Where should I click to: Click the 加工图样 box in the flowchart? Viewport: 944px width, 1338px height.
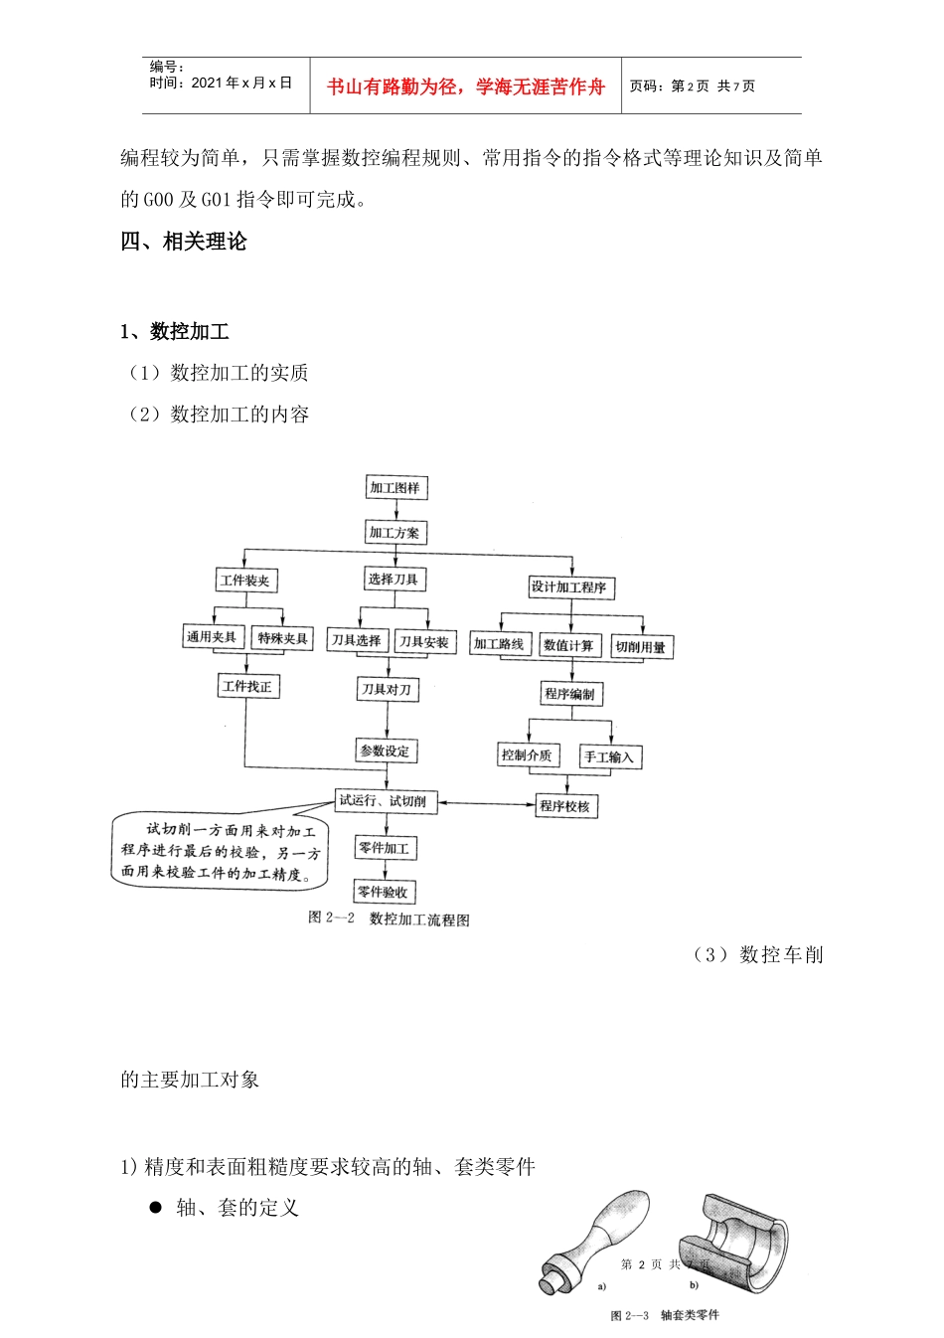click(395, 488)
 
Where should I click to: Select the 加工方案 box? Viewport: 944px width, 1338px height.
click(395, 533)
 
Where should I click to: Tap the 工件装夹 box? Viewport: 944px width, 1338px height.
click(244, 581)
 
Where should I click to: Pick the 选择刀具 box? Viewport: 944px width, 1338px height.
click(393, 580)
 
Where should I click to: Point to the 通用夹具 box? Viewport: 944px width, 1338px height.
click(211, 637)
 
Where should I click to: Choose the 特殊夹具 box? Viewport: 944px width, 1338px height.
click(283, 638)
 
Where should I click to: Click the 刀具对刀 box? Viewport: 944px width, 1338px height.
click(387, 689)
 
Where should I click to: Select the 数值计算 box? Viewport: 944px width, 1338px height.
click(568, 646)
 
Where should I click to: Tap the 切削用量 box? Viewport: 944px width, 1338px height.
click(641, 647)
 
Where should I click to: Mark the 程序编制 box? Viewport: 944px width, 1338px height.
click(569, 694)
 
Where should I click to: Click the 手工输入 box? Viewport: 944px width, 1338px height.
click(609, 757)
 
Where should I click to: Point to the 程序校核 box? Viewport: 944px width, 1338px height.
click(565, 806)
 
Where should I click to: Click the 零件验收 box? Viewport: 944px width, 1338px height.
click(384, 893)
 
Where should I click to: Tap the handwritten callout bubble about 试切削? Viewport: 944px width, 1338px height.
click(220, 852)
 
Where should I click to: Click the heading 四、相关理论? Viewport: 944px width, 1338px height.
click(184, 242)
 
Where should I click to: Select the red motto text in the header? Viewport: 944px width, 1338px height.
click(466, 86)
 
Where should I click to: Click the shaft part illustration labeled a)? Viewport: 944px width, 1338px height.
click(597, 1240)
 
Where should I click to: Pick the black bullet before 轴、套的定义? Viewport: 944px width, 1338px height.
click(155, 1207)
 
